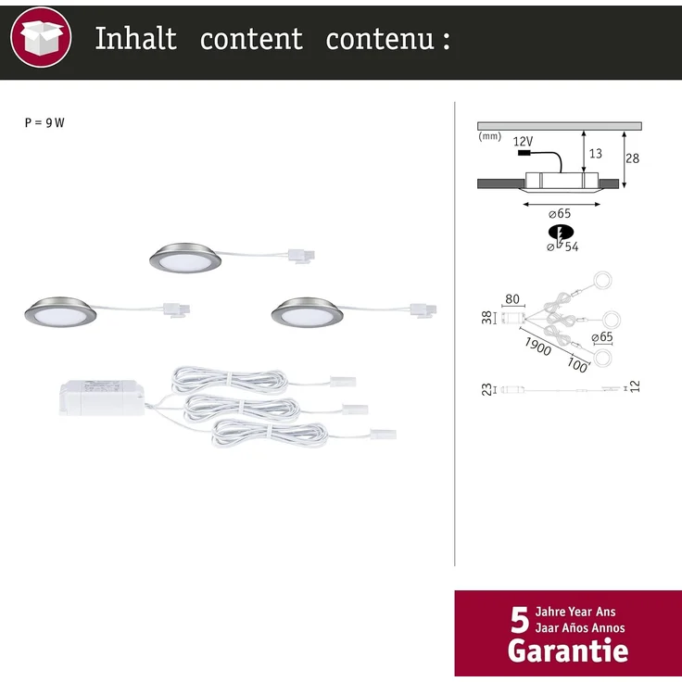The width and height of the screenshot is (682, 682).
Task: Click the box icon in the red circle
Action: [x=42, y=37]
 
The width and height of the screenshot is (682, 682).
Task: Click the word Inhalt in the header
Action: [x=135, y=38]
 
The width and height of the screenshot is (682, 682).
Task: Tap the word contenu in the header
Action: [x=380, y=39]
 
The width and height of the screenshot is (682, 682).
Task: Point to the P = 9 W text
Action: [x=44, y=122]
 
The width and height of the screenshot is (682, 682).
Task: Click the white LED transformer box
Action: [x=102, y=398]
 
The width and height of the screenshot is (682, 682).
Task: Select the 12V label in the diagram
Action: [x=523, y=142]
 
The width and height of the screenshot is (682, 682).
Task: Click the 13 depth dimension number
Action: [x=596, y=154]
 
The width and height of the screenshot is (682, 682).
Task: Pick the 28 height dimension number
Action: [x=632, y=158]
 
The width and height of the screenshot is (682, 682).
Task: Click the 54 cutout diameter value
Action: [x=572, y=247]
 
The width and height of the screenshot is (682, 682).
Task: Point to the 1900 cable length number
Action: [x=537, y=347]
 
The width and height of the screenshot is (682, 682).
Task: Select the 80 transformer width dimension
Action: [x=512, y=299]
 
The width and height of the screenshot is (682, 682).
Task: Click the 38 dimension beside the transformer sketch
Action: [x=486, y=318]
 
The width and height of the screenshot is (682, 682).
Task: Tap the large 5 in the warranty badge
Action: [x=520, y=621]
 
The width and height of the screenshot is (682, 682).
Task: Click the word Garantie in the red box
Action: [x=568, y=650]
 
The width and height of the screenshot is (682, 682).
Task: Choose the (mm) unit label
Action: [x=490, y=136]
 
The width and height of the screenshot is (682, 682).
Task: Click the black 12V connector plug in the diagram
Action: [x=524, y=153]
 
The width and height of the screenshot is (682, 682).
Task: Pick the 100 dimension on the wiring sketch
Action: [x=577, y=365]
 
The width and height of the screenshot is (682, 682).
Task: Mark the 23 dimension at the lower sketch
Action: [x=486, y=389]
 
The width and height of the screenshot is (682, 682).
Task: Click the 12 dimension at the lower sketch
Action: [x=635, y=386]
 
